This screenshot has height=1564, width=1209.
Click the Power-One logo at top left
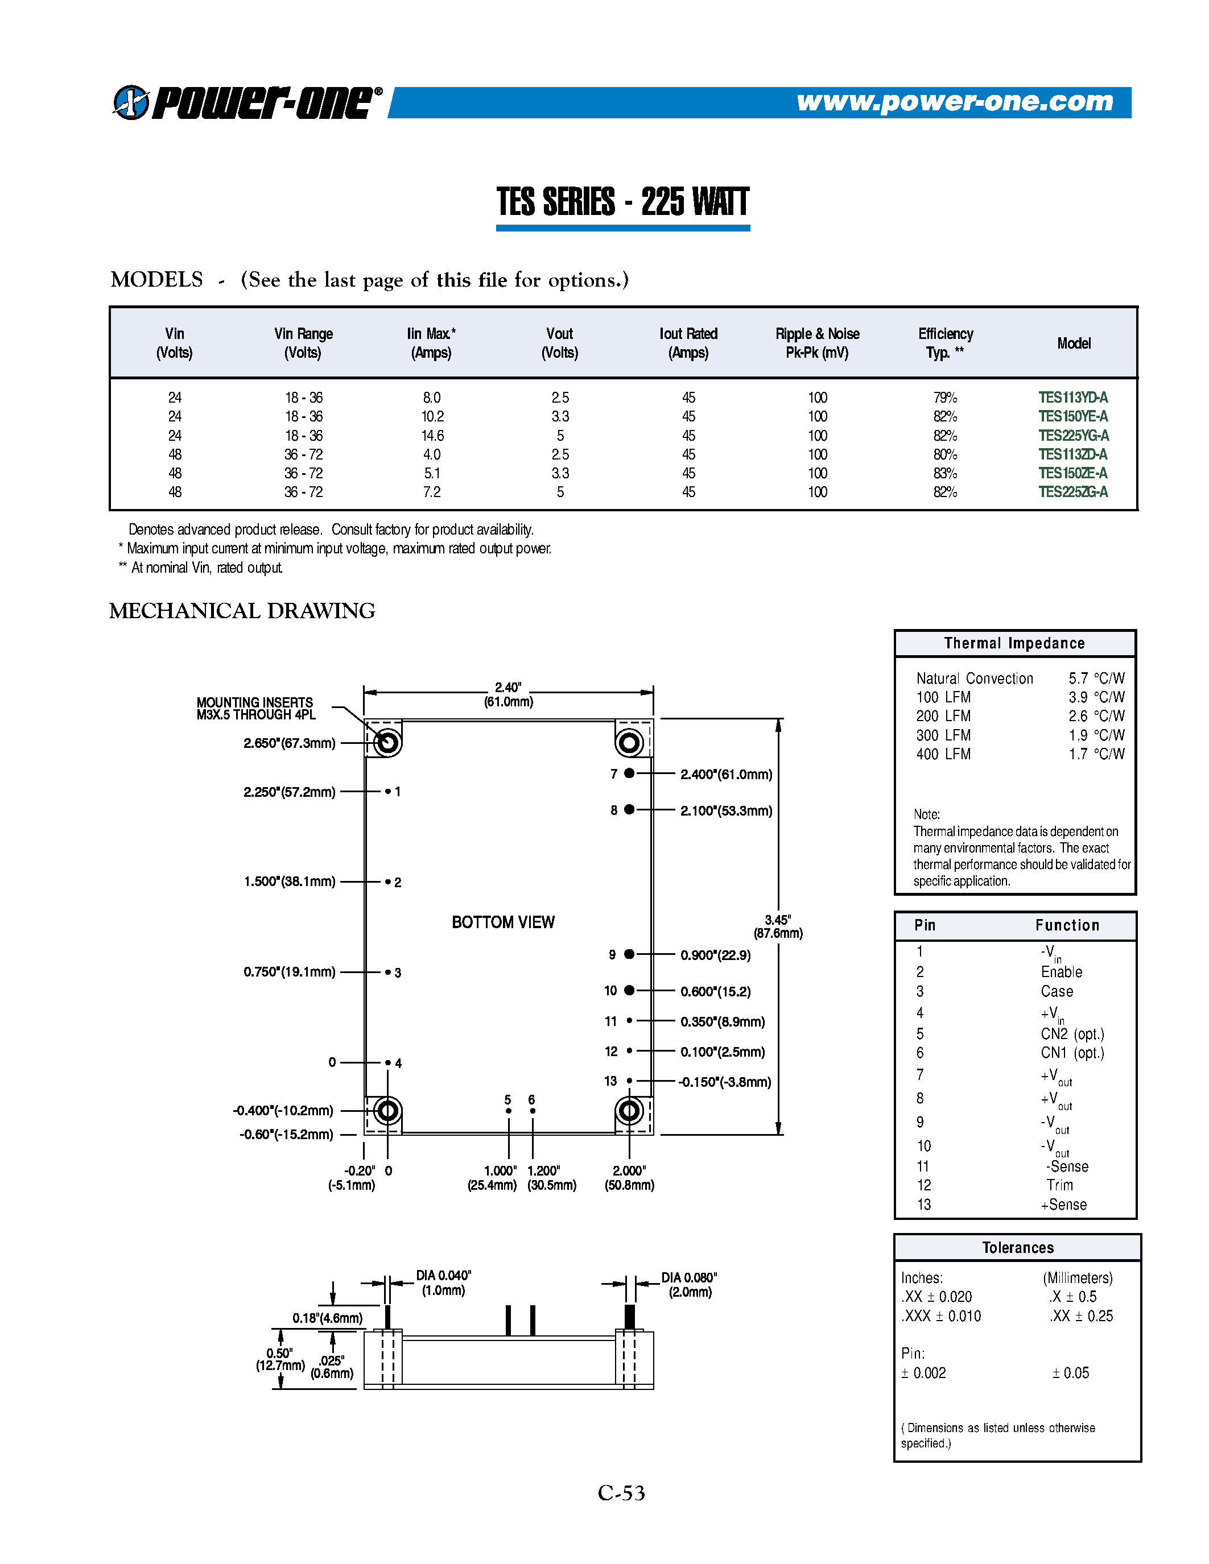[247, 102]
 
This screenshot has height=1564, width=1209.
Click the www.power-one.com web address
[955, 102]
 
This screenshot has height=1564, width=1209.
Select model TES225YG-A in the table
[1073, 436]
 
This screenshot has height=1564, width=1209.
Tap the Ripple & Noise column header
[816, 343]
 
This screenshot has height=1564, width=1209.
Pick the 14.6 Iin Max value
[432, 436]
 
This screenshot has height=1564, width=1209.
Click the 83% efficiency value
[944, 473]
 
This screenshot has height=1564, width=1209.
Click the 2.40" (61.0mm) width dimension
[508, 694]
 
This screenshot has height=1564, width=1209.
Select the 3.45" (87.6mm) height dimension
[778, 926]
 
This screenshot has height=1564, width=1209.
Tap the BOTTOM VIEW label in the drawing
[503, 922]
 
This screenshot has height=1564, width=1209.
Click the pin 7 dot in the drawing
[629, 773]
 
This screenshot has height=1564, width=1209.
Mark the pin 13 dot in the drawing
[629, 1081]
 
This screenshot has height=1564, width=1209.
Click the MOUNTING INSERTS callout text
[255, 708]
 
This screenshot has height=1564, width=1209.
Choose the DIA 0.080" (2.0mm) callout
[689, 1285]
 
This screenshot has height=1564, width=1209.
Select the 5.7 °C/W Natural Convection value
[1096, 678]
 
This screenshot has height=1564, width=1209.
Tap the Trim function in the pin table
[1059, 1185]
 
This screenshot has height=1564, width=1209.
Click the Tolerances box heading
[1017, 1247]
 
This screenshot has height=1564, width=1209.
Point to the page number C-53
[621, 1493]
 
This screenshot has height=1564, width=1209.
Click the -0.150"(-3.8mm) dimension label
[725, 1081]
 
